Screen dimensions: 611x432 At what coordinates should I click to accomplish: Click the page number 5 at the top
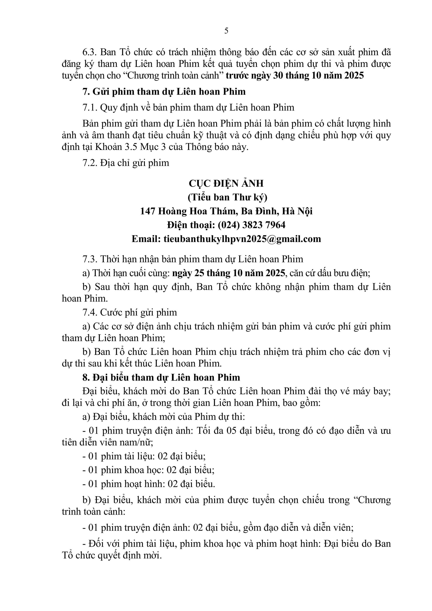(226, 31)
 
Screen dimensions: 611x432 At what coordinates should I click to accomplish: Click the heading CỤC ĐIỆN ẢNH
(226, 183)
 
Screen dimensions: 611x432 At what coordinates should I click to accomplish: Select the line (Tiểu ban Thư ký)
(226, 197)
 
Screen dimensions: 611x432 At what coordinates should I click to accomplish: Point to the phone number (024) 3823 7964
(252, 225)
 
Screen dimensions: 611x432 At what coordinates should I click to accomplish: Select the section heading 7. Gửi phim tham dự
(164, 92)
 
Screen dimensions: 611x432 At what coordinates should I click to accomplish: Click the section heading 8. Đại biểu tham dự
(161, 377)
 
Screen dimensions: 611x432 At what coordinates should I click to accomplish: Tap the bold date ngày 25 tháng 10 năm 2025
(229, 273)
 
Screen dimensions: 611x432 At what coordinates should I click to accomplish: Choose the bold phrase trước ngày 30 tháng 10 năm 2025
(295, 76)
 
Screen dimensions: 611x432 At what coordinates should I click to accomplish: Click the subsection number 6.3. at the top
(90, 52)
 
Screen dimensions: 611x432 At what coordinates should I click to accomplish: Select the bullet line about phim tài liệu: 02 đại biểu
(144, 456)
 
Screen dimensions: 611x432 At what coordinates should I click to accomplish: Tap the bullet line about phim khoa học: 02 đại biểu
(148, 470)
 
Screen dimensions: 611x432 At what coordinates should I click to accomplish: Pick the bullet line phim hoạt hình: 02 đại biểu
(148, 484)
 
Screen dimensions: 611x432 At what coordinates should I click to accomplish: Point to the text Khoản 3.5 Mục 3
(136, 147)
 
